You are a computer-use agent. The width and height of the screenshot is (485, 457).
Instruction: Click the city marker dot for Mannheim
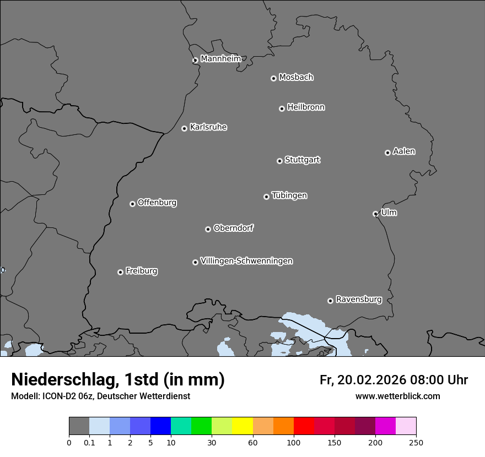coord(195,61)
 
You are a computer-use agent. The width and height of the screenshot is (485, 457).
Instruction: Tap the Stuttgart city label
coord(302,160)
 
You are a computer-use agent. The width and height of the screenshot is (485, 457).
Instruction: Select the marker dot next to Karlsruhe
coord(184,128)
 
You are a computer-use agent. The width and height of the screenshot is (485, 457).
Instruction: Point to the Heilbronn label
coord(306,107)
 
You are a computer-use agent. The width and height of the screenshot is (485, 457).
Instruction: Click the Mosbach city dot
coord(273,78)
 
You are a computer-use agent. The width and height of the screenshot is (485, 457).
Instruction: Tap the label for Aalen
coord(404,151)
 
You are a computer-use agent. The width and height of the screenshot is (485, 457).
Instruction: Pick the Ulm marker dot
coord(375,214)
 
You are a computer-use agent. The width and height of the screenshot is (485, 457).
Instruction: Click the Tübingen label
coord(289,195)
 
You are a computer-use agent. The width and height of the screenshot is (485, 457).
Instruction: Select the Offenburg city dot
coord(132,204)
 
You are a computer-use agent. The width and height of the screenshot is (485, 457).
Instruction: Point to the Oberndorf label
coord(233,228)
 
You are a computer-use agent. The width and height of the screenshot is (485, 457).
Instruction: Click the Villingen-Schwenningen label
coord(246,261)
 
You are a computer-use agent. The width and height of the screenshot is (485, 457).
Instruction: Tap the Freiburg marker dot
coord(120,272)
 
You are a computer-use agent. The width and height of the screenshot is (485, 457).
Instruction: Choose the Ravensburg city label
coord(359,300)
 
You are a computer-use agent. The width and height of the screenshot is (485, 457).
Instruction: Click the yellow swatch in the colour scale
coord(242,426)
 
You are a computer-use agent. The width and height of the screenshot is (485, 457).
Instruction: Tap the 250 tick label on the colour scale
coord(416,442)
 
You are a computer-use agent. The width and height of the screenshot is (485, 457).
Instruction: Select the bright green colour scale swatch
coord(202,426)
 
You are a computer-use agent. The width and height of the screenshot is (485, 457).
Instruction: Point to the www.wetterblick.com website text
coord(397,396)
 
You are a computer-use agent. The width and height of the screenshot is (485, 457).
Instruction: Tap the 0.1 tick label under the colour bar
coord(89,442)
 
